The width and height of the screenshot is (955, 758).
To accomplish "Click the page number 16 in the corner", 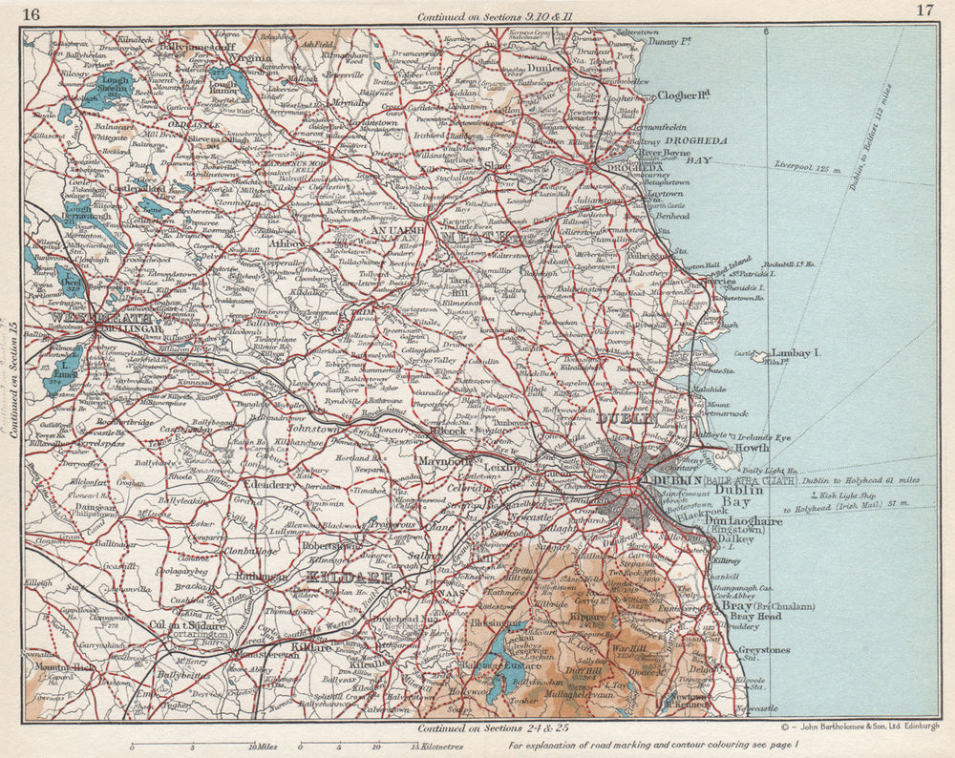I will (31, 12).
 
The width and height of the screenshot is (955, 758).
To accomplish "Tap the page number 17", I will (923, 11).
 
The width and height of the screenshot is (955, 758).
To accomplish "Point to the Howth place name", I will (750, 447).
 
